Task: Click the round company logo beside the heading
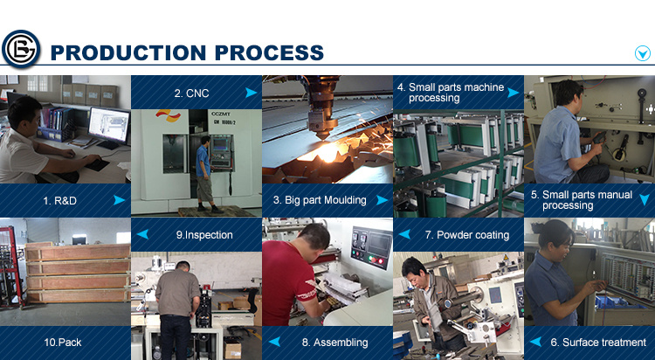(x=21, y=49)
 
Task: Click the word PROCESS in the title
(x=269, y=52)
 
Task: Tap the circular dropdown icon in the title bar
(x=643, y=53)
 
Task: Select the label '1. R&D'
(x=59, y=201)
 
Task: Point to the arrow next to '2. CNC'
(x=251, y=93)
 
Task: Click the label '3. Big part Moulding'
(x=320, y=200)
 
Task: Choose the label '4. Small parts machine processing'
(x=451, y=93)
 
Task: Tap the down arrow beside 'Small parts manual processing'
(x=645, y=200)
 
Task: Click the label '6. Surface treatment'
(x=598, y=343)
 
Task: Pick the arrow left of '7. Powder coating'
(x=404, y=234)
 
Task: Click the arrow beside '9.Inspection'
(x=142, y=234)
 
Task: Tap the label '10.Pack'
(x=63, y=343)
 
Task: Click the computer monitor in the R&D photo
(x=109, y=126)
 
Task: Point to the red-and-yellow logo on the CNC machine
(x=169, y=115)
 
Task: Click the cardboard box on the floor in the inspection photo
(x=232, y=350)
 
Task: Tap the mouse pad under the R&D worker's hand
(x=97, y=164)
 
